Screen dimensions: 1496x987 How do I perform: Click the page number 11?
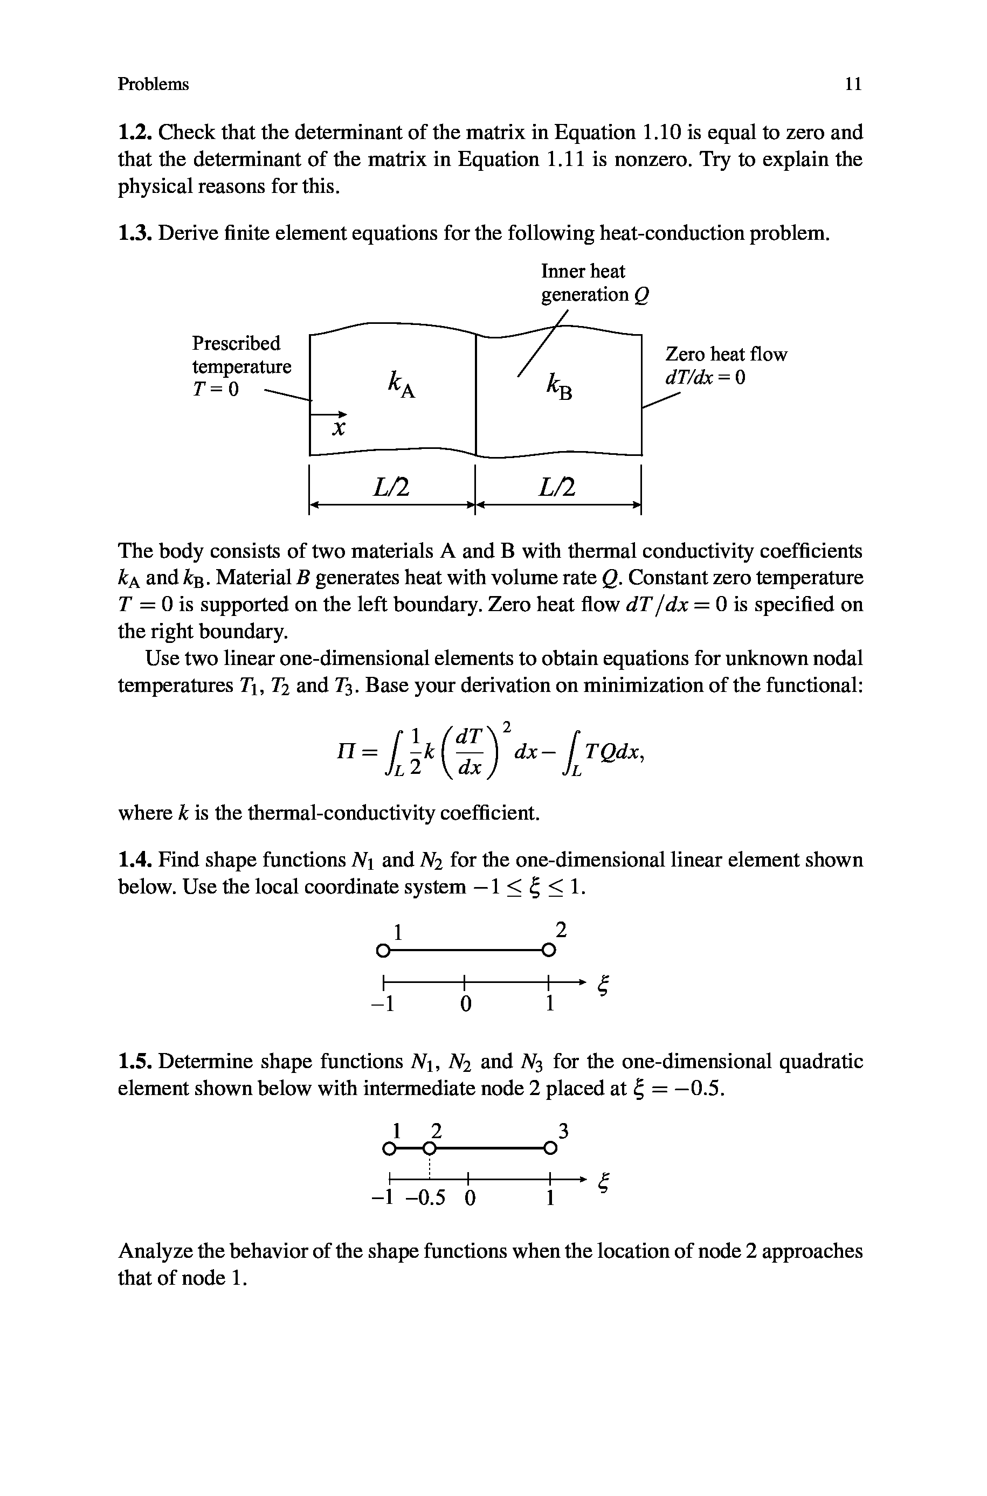tap(853, 84)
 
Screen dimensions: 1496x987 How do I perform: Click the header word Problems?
tap(153, 84)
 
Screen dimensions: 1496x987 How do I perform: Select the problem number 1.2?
tap(135, 133)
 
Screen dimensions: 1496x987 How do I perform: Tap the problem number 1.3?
tap(135, 233)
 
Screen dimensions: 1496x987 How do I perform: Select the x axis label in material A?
tap(339, 429)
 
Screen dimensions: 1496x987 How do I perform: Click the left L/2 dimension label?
tap(391, 485)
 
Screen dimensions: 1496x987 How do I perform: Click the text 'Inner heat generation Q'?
tap(594, 283)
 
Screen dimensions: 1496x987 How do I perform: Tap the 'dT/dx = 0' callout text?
tap(705, 377)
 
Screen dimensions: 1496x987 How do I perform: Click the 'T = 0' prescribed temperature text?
tap(216, 390)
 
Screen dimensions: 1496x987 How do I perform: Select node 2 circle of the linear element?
tap(548, 950)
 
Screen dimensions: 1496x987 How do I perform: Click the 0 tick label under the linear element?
tap(465, 1005)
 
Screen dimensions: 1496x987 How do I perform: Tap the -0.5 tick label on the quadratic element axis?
tap(425, 1199)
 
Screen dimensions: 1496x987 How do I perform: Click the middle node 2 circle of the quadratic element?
tap(429, 1149)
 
